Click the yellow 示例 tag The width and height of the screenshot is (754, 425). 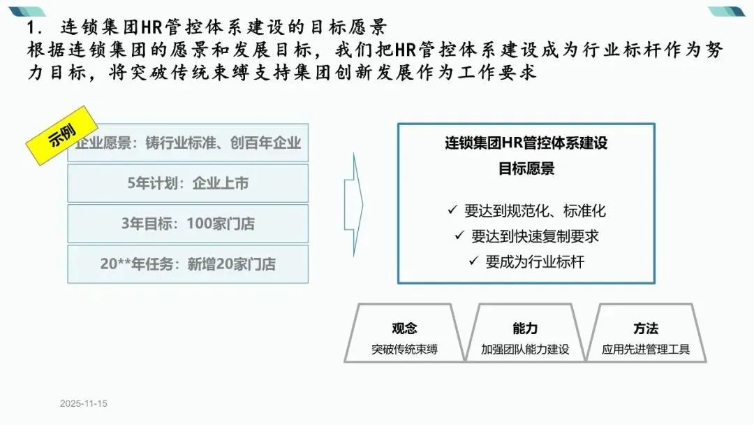(x=61, y=135)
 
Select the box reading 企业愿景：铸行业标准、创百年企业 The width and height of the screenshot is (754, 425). (x=195, y=143)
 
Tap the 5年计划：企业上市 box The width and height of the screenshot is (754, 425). (x=188, y=184)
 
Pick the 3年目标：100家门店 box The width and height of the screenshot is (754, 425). (x=188, y=224)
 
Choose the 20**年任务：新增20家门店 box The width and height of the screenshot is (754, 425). (x=188, y=264)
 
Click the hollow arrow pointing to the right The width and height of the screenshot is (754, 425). (x=353, y=203)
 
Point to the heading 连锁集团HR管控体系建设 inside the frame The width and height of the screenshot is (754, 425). (x=526, y=143)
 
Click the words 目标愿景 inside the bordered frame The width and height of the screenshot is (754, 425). (x=526, y=168)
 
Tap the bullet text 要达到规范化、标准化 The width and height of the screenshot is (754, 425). (x=535, y=210)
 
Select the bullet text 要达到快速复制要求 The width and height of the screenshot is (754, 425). (x=535, y=236)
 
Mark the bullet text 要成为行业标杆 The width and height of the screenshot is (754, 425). (x=535, y=261)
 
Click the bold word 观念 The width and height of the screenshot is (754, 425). (x=404, y=329)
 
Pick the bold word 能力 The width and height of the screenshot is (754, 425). (x=525, y=329)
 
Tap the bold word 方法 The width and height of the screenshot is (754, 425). (x=646, y=329)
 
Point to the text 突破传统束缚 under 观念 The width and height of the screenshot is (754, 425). (x=404, y=349)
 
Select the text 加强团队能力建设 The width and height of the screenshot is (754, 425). (x=525, y=349)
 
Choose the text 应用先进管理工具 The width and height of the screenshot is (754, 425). (x=646, y=349)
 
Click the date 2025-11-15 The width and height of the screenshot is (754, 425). (x=84, y=404)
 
